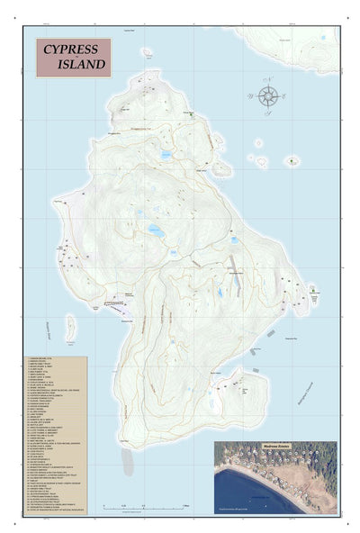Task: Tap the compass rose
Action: (x=268, y=95)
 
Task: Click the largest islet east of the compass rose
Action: (x=292, y=162)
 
